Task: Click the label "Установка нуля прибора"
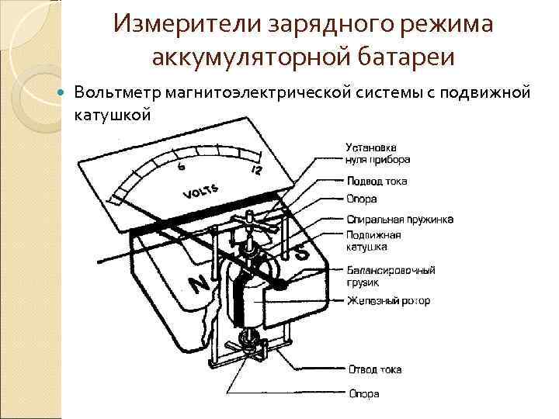[377, 154]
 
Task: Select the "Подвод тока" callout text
[376, 182]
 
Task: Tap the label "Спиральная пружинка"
[400, 219]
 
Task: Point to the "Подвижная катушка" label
[373, 241]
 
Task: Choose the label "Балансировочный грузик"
[391, 276]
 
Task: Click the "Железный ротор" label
[388, 300]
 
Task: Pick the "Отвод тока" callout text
[373, 369]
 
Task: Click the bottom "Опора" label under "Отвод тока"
[363, 394]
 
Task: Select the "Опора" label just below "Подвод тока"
[362, 199]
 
